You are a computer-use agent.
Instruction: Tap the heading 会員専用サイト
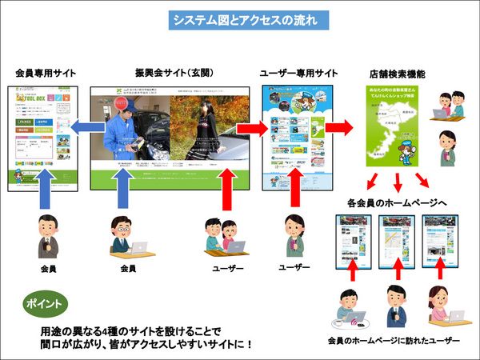[46, 73]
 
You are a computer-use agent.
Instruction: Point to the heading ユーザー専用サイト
[299, 73]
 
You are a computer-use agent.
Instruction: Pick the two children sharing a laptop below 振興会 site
[222, 237]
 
